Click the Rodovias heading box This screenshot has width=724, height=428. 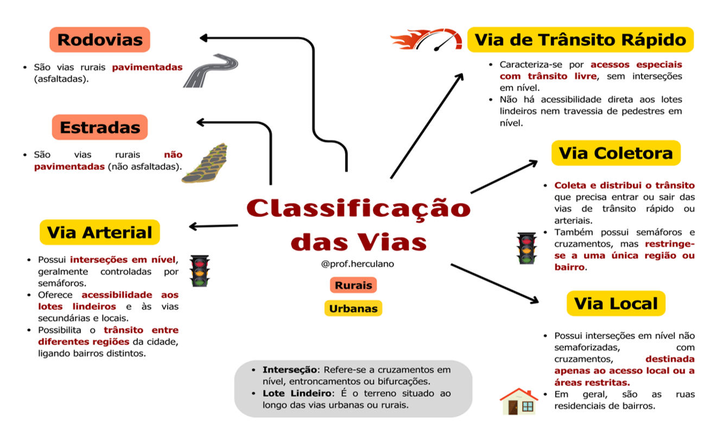point(100,40)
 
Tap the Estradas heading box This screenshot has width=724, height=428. point(100,127)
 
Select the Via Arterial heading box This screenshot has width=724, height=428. point(100,232)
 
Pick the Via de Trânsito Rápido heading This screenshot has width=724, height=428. point(580,40)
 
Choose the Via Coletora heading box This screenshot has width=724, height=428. point(615,153)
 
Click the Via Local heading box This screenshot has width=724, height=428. point(615,303)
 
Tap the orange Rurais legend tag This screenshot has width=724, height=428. point(353,285)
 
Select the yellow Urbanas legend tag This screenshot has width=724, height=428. point(353,308)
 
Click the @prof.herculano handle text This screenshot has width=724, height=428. point(353,264)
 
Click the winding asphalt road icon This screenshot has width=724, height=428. point(211,71)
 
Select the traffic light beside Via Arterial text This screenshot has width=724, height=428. point(199,271)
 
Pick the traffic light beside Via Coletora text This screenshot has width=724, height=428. point(526,248)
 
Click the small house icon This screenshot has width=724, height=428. point(518,401)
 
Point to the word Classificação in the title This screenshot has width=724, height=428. point(358,209)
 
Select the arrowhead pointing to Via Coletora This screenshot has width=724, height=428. point(533,162)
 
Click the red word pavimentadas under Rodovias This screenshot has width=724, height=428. point(148,68)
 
